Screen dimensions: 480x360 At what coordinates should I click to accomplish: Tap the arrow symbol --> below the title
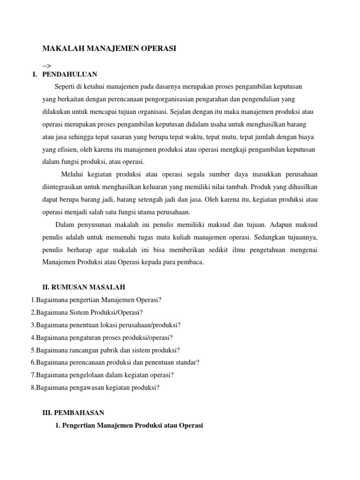click(x=47, y=66)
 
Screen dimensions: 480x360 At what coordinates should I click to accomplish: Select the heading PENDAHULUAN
click(x=70, y=74)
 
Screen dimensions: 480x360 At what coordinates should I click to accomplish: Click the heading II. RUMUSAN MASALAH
click(x=84, y=287)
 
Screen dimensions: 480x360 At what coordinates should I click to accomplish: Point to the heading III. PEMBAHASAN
click(x=73, y=413)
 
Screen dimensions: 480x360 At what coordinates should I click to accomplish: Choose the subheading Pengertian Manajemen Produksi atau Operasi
click(x=132, y=426)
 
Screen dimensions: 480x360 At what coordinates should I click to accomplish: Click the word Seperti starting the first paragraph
click(x=64, y=87)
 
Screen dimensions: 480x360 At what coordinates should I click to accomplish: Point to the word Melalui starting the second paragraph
click(x=73, y=174)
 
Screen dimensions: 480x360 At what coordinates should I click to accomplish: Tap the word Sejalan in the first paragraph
click(x=180, y=112)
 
